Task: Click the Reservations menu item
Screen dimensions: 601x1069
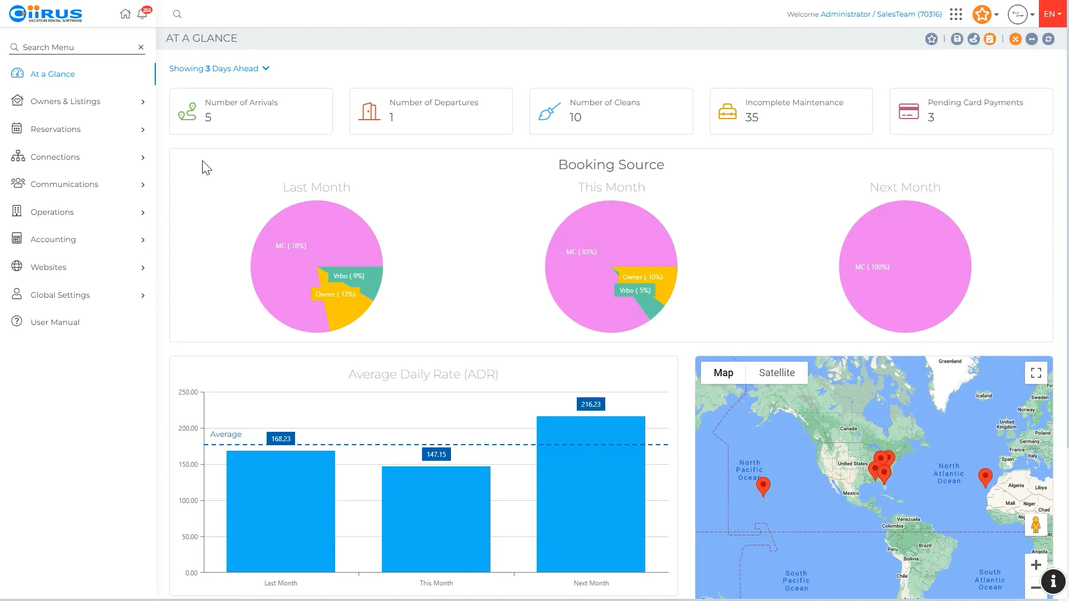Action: pyautogui.click(x=56, y=129)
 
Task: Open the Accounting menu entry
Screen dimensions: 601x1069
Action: pyautogui.click(x=53, y=239)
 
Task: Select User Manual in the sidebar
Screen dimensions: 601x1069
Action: pyautogui.click(x=55, y=322)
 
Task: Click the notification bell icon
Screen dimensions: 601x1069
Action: pyautogui.click(x=142, y=14)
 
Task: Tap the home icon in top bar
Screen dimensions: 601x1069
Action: pyautogui.click(x=125, y=14)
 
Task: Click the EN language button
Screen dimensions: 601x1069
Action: pyautogui.click(x=1052, y=14)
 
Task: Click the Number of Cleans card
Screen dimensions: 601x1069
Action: pyautogui.click(x=611, y=111)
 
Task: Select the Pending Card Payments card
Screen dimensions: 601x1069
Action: pyautogui.click(x=970, y=111)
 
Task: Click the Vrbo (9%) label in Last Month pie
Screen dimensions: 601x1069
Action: pyautogui.click(x=349, y=276)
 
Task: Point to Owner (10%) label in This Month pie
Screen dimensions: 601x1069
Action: pyautogui.click(x=643, y=277)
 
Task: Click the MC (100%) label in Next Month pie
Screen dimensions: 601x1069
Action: pyautogui.click(x=872, y=267)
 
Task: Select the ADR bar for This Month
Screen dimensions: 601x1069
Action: pyautogui.click(x=436, y=519)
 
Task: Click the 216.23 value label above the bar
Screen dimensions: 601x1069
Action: pyautogui.click(x=590, y=405)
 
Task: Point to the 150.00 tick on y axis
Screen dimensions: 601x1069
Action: pyautogui.click(x=188, y=465)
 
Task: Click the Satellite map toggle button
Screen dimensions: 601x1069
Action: pyautogui.click(x=776, y=373)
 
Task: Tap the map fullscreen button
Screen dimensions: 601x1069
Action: pyautogui.click(x=1036, y=373)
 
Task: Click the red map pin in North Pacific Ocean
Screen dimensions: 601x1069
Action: pyautogui.click(x=763, y=486)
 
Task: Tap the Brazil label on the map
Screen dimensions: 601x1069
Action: pyautogui.click(x=924, y=545)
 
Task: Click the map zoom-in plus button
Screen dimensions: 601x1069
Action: pyautogui.click(x=1036, y=565)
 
